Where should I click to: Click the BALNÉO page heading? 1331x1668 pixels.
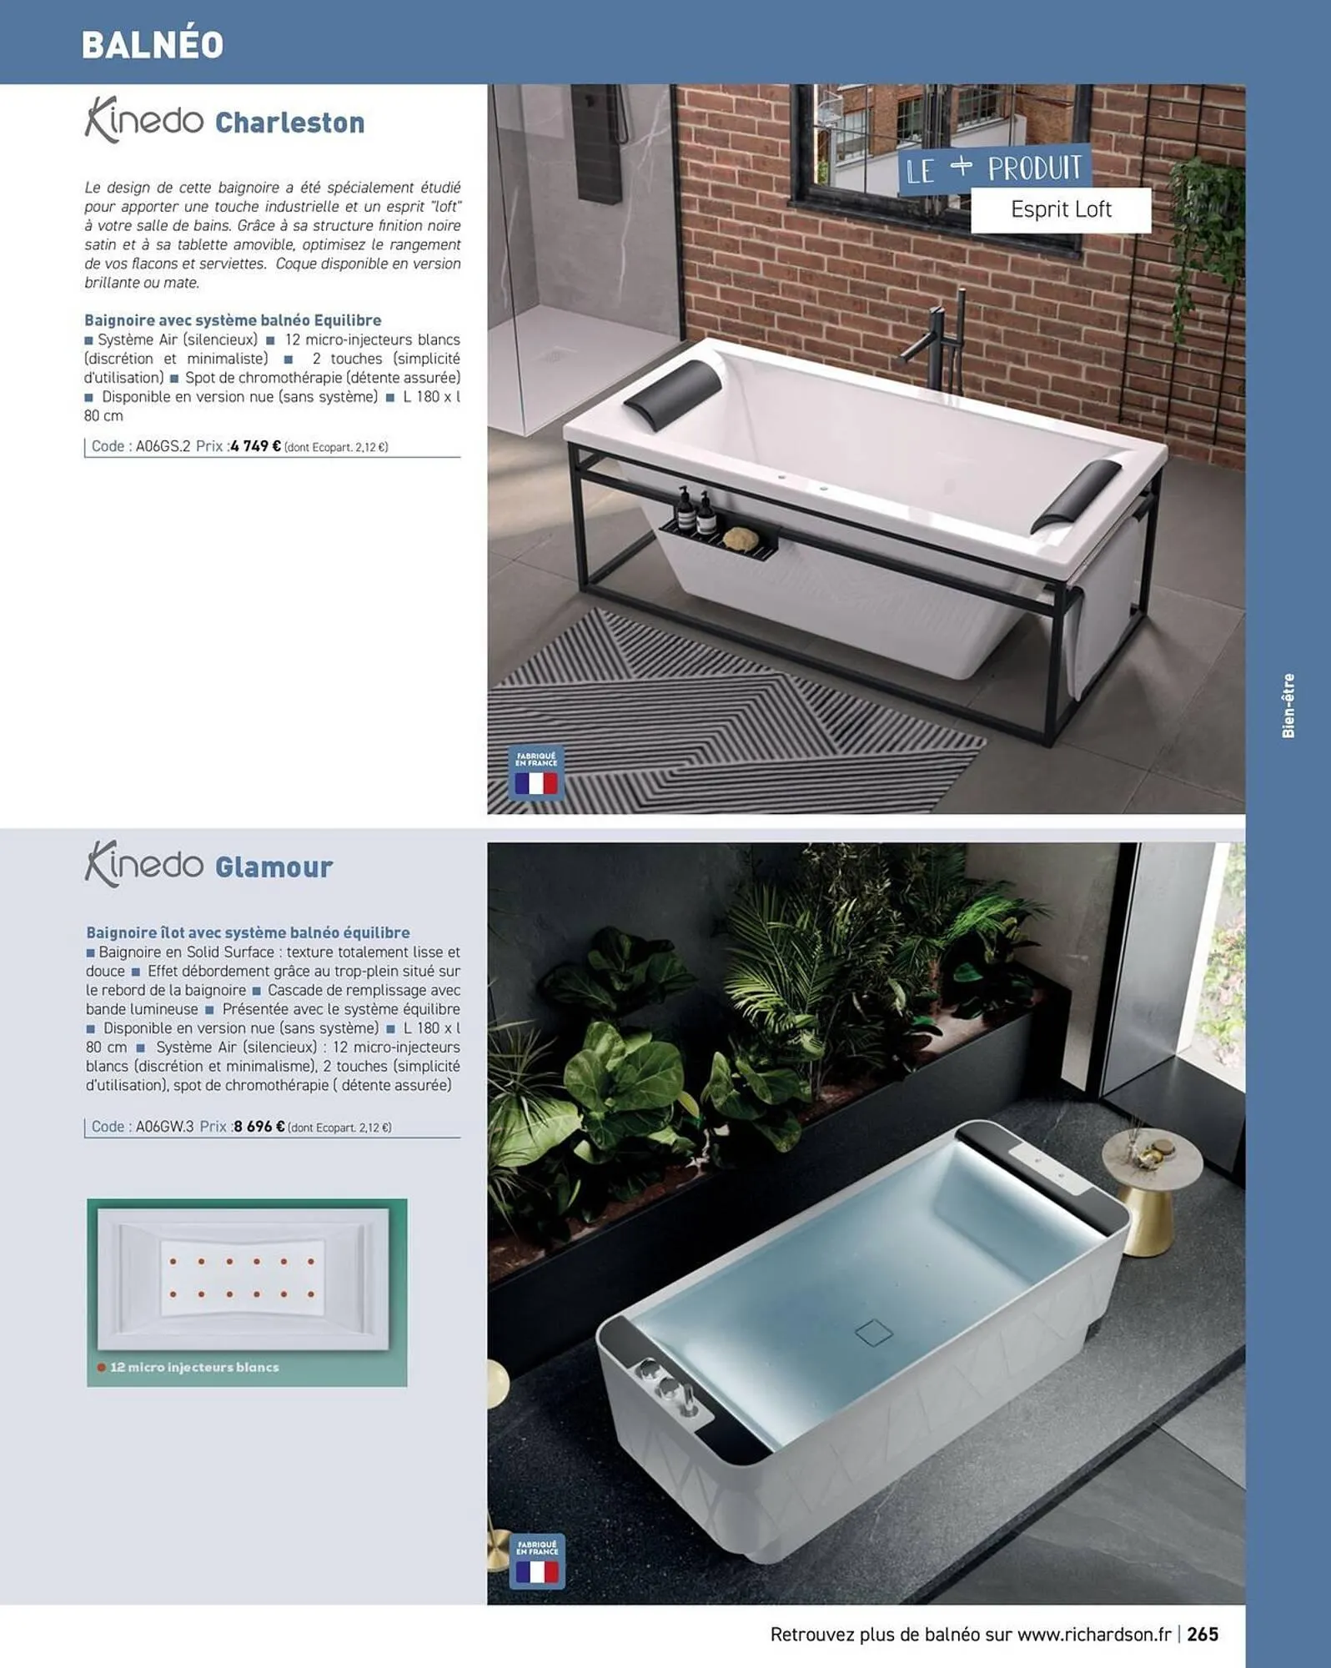(x=153, y=44)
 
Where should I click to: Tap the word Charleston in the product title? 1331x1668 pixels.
(x=289, y=123)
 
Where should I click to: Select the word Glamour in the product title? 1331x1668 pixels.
(x=274, y=867)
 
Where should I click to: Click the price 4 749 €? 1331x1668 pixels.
(x=255, y=446)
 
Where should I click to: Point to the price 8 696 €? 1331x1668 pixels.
(x=259, y=1127)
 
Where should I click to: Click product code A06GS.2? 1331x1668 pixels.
(x=163, y=446)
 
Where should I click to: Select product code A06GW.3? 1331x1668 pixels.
(x=164, y=1127)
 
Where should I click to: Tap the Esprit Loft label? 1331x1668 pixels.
(x=1060, y=209)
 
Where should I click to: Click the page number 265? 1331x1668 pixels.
(x=1203, y=1634)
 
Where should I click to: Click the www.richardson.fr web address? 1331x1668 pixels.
(x=1093, y=1634)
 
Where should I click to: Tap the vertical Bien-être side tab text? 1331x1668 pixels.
(x=1288, y=706)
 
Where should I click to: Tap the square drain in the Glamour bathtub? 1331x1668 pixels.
(x=873, y=1333)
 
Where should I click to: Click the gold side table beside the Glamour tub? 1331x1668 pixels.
(x=1152, y=1193)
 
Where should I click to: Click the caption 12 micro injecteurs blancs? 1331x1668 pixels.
(x=193, y=1367)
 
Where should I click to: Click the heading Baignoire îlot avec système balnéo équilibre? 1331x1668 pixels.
(x=248, y=932)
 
